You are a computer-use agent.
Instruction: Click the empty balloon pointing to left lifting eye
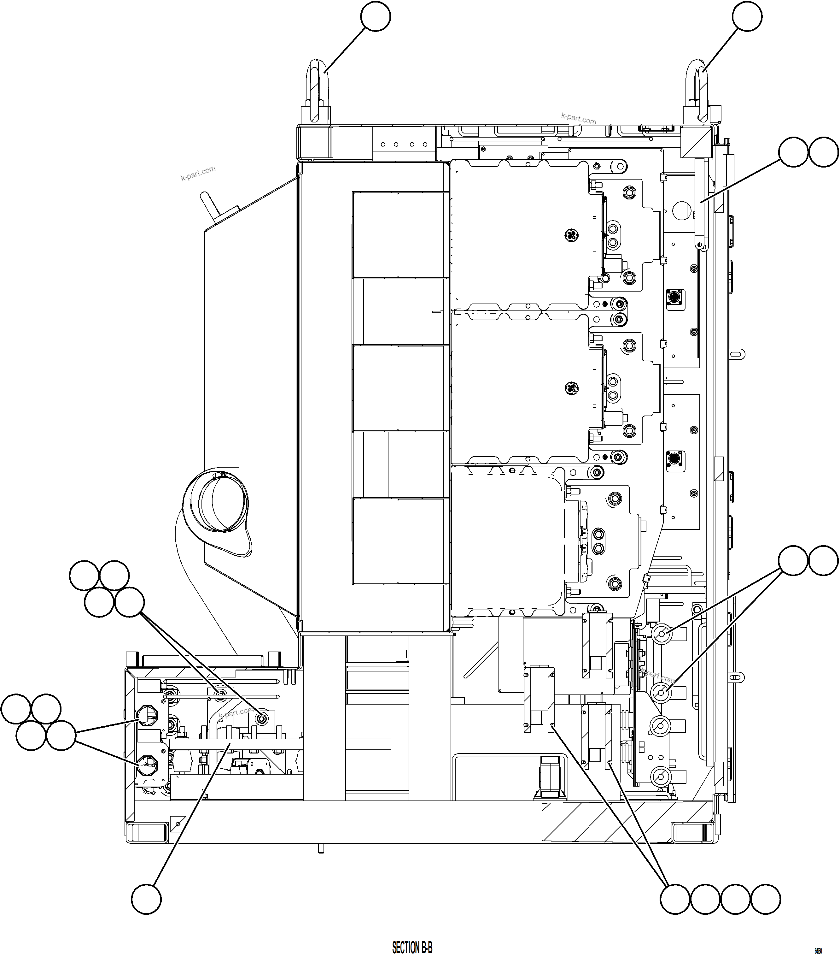coord(376,16)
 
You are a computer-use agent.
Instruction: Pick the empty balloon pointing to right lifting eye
coord(747,16)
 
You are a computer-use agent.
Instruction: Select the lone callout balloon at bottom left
coord(146,899)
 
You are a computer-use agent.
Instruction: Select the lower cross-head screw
coord(571,388)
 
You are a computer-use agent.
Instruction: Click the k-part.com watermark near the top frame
coord(579,118)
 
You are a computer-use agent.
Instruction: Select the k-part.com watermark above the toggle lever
coord(198,173)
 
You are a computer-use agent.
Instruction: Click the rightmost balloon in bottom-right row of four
coord(766,899)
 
